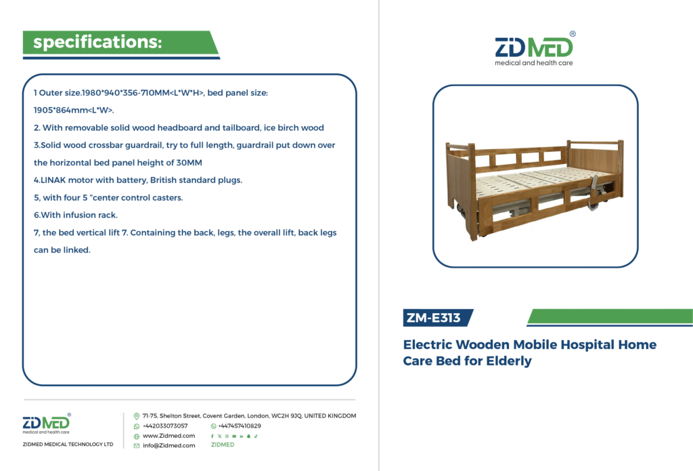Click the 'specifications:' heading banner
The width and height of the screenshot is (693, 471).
tap(120, 43)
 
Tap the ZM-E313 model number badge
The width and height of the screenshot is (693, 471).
tap(437, 318)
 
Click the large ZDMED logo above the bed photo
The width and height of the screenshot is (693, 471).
tap(535, 49)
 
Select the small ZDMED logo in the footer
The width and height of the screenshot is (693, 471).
tap(47, 424)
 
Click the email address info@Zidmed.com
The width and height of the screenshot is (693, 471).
tap(169, 446)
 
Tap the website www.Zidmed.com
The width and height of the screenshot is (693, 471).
tap(169, 436)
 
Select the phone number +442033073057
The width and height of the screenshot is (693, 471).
tap(165, 426)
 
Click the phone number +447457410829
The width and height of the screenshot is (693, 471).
tap(240, 426)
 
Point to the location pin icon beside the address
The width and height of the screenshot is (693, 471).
tap(137, 416)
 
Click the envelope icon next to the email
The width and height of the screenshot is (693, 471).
tap(137, 446)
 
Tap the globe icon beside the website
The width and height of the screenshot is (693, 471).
tap(137, 436)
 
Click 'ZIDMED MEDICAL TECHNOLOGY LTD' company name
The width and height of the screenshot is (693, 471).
tap(68, 445)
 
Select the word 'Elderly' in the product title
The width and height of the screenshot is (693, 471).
tap(509, 361)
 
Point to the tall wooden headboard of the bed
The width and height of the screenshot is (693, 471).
tap(596, 168)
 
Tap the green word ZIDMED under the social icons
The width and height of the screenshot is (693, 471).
tap(223, 445)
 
